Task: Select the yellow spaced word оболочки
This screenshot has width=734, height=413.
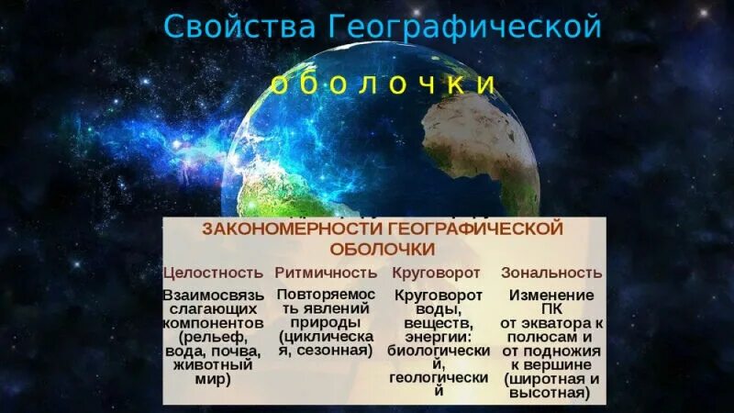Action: tap(383, 84)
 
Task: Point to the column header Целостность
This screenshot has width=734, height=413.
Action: tap(213, 273)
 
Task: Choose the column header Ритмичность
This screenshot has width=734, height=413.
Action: tap(326, 273)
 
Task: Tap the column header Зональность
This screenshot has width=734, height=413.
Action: tap(551, 273)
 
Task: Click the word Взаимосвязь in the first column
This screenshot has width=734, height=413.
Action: tap(213, 296)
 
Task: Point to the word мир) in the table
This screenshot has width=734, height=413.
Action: tap(213, 377)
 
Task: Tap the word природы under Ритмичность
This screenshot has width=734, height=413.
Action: tap(326, 323)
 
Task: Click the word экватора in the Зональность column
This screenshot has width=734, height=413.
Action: tap(554, 323)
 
